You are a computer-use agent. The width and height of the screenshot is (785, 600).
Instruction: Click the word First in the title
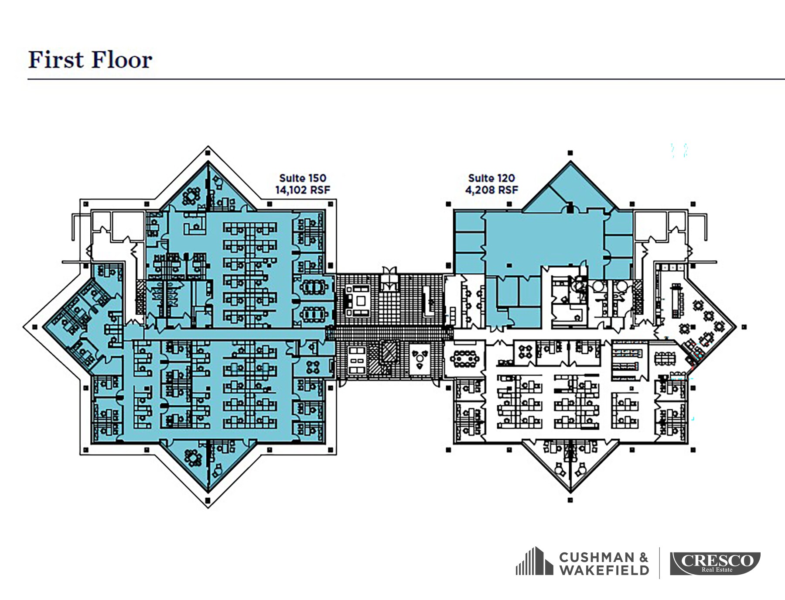[x=56, y=60]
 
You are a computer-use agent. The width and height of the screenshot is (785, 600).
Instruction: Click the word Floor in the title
[x=122, y=60]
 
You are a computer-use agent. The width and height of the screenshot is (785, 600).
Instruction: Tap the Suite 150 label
[x=303, y=178]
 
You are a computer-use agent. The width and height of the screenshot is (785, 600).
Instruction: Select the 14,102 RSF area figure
[x=303, y=190]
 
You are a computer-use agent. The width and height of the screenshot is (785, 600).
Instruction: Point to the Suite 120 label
[x=491, y=178]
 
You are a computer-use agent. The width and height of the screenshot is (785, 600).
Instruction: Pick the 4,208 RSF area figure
[x=491, y=190]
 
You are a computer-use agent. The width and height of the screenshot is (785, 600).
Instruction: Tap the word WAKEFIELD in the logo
[x=604, y=570]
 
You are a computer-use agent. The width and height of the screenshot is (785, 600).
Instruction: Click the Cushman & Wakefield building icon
[x=535, y=561]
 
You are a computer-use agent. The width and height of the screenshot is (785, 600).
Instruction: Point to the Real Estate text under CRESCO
[x=717, y=569]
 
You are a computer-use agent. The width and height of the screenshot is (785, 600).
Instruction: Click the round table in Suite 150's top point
[x=191, y=197]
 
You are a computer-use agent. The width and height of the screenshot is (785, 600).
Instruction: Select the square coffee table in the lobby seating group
[x=361, y=300]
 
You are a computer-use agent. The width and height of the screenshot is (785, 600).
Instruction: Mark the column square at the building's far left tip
[x=35, y=327]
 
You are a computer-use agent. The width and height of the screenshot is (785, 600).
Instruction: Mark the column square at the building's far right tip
[x=744, y=327]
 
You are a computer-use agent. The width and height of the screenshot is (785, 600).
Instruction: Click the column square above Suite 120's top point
[x=570, y=153]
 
